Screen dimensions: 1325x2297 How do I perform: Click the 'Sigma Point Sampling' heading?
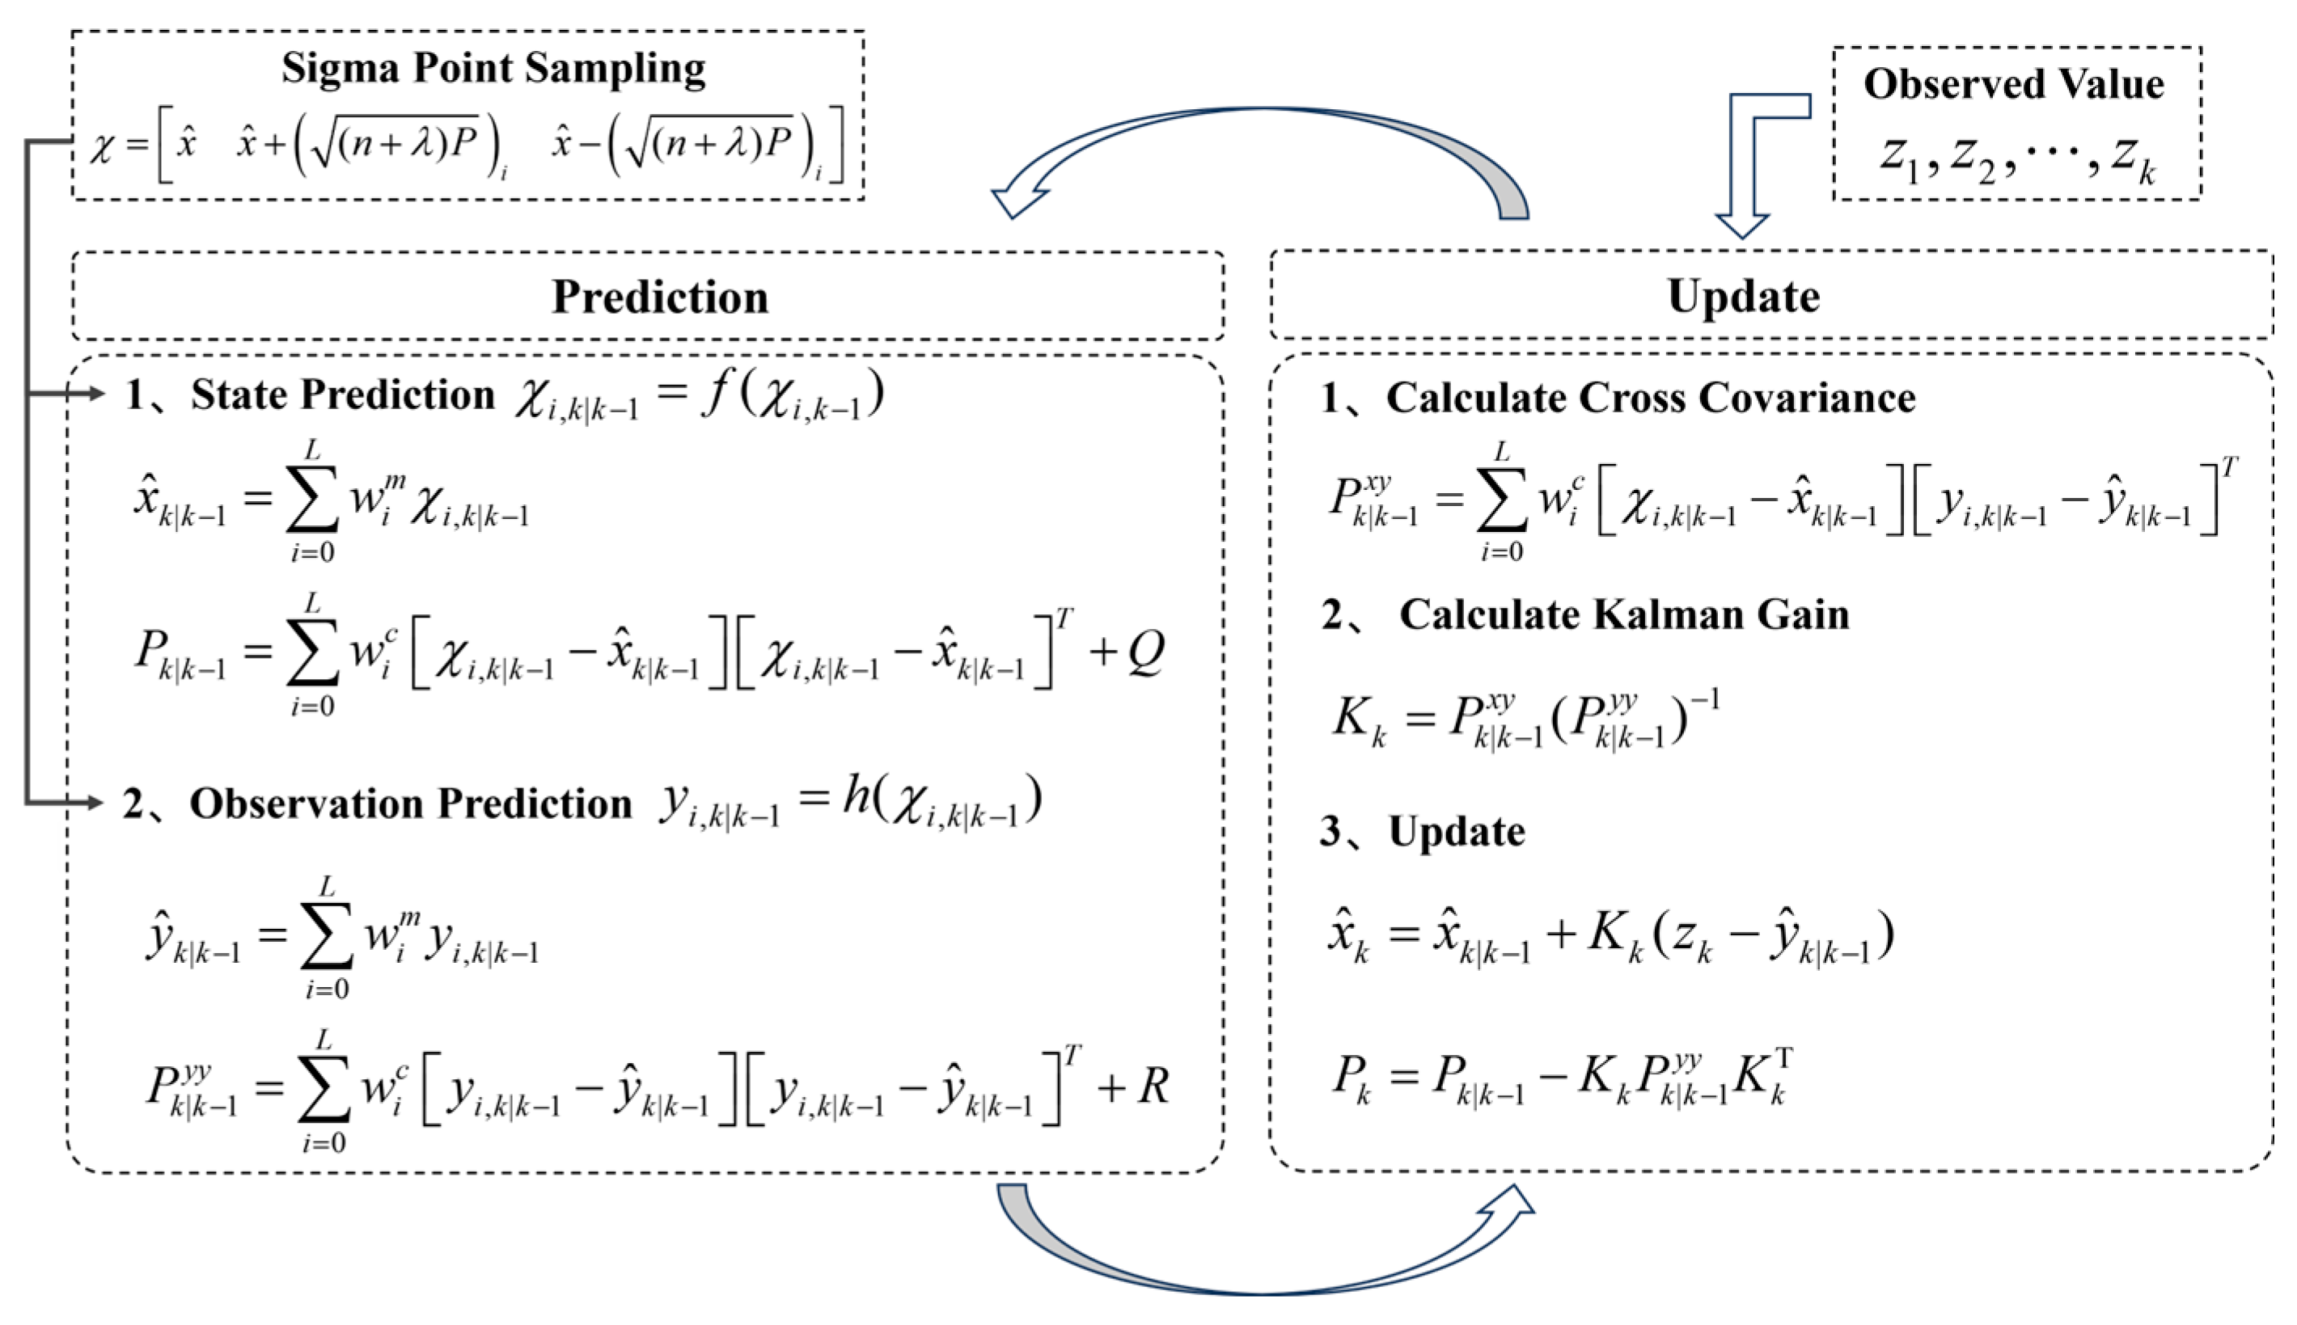493,68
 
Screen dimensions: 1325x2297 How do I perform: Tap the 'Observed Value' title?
2013,85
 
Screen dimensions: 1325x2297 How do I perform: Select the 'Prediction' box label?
660,297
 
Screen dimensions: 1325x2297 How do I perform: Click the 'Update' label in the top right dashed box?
1742,297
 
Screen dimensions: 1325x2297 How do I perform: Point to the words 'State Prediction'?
342,395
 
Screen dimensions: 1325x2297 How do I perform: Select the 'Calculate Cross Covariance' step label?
1650,398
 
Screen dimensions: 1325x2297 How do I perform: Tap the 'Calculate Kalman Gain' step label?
1623,614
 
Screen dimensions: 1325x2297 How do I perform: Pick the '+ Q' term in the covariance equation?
1129,652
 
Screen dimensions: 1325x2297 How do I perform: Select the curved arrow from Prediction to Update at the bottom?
1266,1274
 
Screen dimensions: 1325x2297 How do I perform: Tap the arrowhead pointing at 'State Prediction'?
95,393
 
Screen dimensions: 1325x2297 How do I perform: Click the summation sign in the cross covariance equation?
1502,500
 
